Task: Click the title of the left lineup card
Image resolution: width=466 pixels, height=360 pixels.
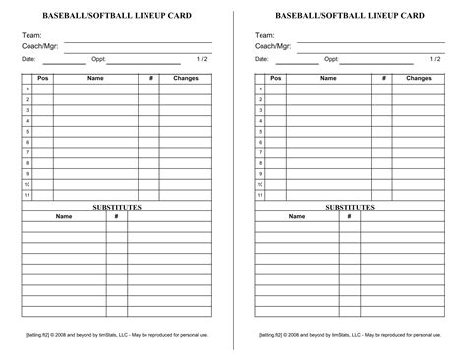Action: coord(117,17)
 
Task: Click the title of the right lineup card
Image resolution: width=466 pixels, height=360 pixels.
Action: coord(350,17)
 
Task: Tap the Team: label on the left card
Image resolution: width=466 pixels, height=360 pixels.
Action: coord(31,36)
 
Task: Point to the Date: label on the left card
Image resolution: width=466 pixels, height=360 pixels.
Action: coord(29,59)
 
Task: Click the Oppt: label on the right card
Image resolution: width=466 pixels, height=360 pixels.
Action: coord(330,59)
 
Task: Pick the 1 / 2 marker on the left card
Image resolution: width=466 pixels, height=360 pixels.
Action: coord(203,59)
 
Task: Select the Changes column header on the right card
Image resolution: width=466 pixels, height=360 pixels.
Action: coord(418,78)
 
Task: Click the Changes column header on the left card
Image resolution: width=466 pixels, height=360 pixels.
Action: coord(186,78)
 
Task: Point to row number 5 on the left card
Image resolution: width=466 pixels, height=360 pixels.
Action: coord(28,131)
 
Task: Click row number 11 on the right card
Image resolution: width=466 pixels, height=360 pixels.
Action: coord(261,195)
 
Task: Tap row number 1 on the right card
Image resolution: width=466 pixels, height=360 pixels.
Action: coord(261,89)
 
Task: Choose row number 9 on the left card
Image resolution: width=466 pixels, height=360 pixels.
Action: coord(28,173)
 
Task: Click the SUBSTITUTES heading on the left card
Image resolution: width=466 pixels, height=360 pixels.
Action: coord(117,207)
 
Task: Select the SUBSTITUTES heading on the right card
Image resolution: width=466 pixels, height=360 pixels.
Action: coord(350,207)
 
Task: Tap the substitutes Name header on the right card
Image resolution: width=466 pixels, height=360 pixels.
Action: coord(296,216)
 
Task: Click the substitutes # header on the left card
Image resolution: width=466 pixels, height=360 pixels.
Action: coord(117,216)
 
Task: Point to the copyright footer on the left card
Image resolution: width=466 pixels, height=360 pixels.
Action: coord(117,335)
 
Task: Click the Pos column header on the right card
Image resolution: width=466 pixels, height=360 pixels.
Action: coord(276,78)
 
